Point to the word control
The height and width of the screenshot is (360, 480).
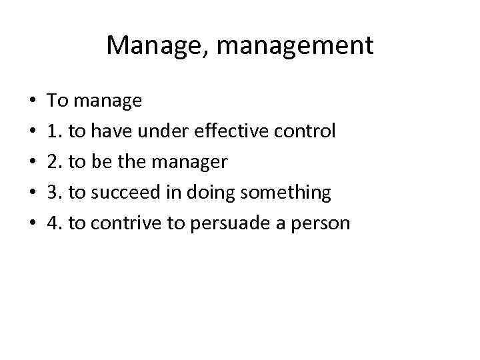coord(303,131)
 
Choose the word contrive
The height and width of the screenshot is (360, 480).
coord(128,223)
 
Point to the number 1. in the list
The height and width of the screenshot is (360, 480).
coord(55,131)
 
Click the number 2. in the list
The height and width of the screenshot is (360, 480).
coord(55,162)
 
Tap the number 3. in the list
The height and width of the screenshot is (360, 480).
coord(55,193)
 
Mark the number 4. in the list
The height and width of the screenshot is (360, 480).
coord(55,223)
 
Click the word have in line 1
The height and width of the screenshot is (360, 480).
coord(107,131)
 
